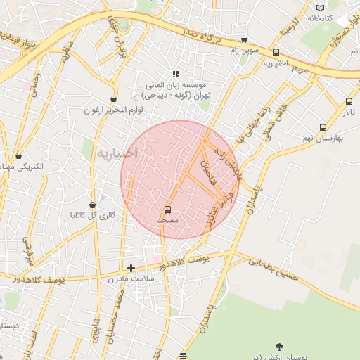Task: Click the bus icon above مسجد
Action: (x=167, y=210)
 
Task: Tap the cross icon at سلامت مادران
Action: (x=131, y=267)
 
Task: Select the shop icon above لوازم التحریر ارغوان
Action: (x=114, y=99)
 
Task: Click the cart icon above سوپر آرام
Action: (x=244, y=41)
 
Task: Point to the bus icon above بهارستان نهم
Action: (x=323, y=127)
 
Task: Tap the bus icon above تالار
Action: (x=349, y=101)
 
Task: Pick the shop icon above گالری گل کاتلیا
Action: (x=92, y=205)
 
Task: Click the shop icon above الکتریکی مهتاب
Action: (x=18, y=155)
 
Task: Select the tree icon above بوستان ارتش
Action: (x=280, y=347)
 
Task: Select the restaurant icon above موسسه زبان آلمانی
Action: (x=176, y=74)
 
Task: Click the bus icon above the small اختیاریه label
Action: (x=275, y=52)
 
